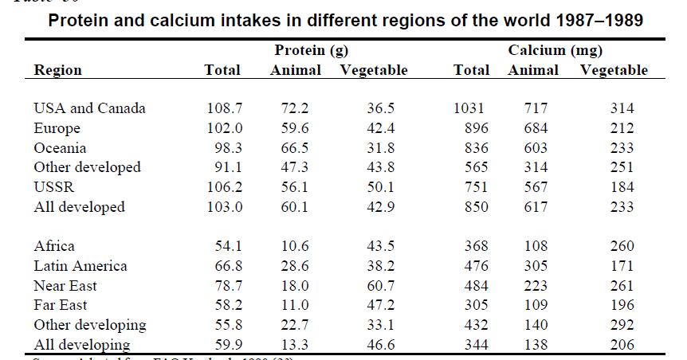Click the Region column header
click(57, 70)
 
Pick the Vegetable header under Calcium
click(614, 70)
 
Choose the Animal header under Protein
click(296, 70)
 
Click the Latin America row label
click(80, 266)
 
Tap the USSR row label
click(53, 187)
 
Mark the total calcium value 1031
click(469, 108)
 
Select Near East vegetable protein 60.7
click(373, 286)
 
